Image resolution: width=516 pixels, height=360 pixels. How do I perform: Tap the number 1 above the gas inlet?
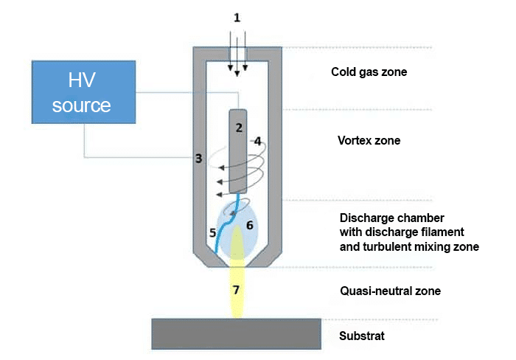point(237,17)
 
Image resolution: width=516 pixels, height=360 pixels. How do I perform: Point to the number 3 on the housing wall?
point(257,140)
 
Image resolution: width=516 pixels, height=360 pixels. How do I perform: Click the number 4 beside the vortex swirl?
point(212,233)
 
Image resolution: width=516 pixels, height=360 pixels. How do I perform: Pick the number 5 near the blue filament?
point(249,225)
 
